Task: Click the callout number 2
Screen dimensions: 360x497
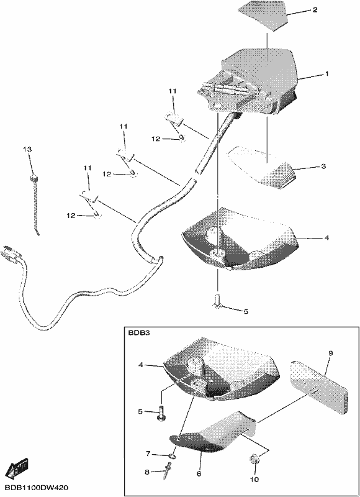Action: [x=315, y=10]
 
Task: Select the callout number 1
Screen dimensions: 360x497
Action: [x=326, y=73]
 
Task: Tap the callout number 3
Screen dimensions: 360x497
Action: [x=323, y=166]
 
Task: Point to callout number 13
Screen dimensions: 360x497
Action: [x=27, y=149]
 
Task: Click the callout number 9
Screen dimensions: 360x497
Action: [x=331, y=353]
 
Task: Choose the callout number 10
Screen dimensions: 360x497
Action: [x=254, y=479]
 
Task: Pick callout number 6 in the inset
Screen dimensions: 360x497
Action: [x=199, y=473]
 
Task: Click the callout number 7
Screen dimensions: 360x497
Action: [x=148, y=454]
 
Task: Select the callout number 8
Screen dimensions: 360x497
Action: [x=147, y=472]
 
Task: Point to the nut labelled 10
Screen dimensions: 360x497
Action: [x=255, y=458]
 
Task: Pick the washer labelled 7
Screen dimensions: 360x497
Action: [x=173, y=457]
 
